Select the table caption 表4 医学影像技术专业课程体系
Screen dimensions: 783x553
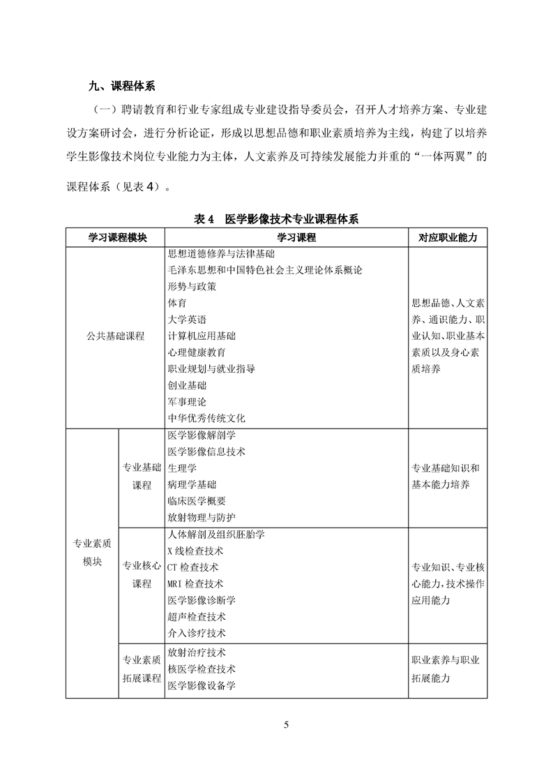click(x=276, y=219)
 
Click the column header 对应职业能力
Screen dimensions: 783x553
click(x=448, y=237)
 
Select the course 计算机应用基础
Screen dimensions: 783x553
click(x=202, y=336)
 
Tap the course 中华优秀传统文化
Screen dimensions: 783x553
click(x=206, y=419)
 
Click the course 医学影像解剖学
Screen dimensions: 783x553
click(x=202, y=435)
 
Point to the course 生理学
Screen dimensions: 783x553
click(x=182, y=468)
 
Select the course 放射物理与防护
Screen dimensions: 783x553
click(x=202, y=518)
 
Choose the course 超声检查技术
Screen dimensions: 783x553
click(x=197, y=617)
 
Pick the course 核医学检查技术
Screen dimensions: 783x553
click(x=202, y=669)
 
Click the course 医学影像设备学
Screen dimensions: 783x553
click(x=202, y=685)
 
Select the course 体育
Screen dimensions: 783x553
click(x=177, y=303)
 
